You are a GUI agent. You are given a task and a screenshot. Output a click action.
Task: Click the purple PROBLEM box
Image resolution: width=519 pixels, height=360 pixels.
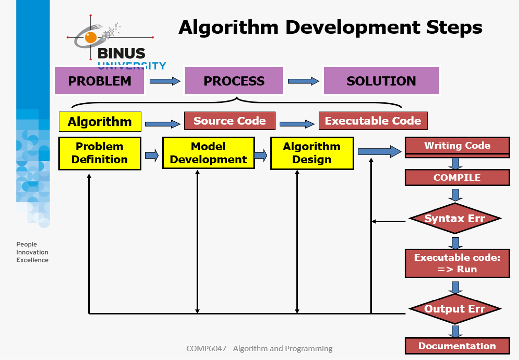[99, 81]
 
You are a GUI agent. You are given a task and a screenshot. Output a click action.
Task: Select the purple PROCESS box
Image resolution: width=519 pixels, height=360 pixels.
[234, 81]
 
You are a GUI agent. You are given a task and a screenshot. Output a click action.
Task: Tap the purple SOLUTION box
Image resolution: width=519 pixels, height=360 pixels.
[381, 81]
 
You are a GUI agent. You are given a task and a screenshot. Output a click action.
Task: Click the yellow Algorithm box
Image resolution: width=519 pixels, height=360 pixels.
[100, 122]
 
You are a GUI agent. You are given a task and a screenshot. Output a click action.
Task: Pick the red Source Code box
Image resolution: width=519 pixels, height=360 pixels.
[230, 121]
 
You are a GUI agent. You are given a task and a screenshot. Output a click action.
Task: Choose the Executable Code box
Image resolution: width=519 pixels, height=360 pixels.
[373, 121]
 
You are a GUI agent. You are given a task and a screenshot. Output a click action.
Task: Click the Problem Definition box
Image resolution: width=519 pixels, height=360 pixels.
[99, 153]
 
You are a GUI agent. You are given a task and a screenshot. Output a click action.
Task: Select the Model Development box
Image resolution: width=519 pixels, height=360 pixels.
[208, 153]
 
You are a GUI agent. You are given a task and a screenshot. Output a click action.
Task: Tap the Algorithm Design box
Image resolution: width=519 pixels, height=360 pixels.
[312, 153]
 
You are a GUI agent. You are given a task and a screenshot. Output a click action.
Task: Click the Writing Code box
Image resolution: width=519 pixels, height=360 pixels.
[457, 147]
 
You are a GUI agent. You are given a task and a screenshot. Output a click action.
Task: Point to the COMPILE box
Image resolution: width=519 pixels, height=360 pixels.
[457, 178]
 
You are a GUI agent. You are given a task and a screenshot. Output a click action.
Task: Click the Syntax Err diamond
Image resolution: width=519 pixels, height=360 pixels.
[455, 218]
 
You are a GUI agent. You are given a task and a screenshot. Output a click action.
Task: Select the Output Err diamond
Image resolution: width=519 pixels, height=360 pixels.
[455, 309]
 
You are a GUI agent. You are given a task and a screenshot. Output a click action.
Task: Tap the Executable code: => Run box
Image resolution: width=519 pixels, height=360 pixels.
[457, 263]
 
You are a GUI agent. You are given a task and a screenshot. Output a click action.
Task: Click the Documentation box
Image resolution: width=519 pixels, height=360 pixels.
[457, 346]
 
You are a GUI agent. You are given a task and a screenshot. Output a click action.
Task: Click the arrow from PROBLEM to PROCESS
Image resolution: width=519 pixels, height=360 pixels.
[165, 81]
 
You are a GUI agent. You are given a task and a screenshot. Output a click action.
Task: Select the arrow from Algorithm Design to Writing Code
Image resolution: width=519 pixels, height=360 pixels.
[380, 152]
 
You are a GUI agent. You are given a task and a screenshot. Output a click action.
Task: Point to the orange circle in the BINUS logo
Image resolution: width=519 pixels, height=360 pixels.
[90, 37]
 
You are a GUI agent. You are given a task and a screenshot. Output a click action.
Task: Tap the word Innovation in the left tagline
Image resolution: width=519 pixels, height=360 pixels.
[32, 252]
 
